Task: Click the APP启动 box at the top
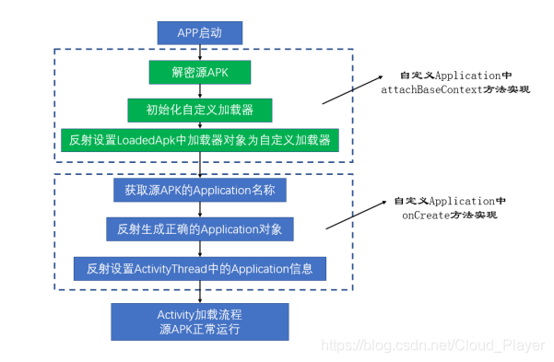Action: [199, 33]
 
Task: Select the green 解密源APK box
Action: [199, 72]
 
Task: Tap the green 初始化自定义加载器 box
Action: [200, 110]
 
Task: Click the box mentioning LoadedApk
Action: [200, 141]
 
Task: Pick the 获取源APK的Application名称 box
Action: [200, 191]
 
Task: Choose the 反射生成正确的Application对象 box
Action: [200, 228]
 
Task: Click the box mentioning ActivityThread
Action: [200, 269]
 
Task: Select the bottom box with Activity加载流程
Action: [200, 321]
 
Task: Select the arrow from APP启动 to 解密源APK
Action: [199, 53]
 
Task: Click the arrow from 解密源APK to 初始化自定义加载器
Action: [199, 91]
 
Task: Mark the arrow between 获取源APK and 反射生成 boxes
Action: [199, 209]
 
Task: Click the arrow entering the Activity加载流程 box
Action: [199, 293]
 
